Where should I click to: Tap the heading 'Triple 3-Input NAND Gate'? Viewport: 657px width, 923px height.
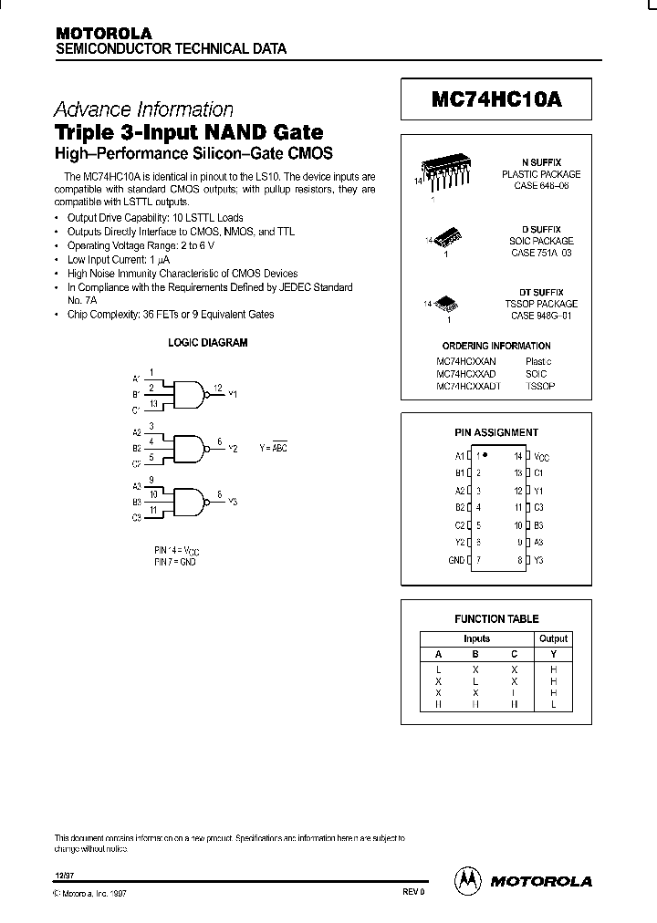coord(189,131)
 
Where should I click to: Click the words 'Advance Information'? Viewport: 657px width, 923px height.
coord(144,109)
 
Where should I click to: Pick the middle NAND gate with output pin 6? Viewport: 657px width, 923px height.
coord(189,447)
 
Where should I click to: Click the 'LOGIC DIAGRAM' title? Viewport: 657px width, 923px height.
coord(208,343)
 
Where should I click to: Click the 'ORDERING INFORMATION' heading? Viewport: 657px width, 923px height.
coord(495,346)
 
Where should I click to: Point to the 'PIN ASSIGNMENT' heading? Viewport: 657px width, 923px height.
coord(496,432)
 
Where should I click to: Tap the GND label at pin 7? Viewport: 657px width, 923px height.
coord(457,560)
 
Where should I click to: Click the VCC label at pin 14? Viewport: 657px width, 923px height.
coord(541,455)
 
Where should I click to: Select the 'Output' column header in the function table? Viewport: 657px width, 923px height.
coord(553,638)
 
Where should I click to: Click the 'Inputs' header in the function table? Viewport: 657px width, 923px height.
coord(476,638)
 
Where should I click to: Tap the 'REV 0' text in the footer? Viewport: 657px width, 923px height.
coord(412,893)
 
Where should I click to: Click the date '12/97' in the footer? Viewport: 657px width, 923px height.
coord(65,874)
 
